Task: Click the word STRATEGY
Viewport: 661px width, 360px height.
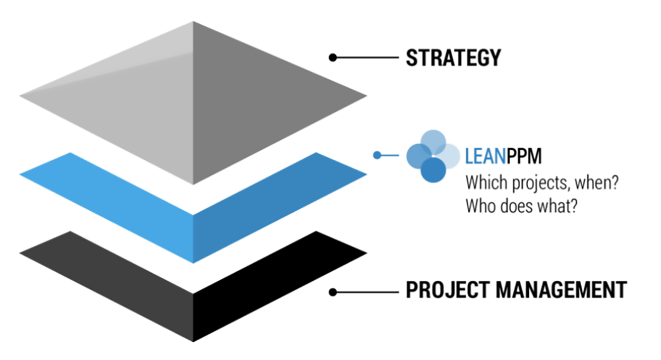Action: pos(453,58)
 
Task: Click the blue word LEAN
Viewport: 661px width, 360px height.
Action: pos(485,156)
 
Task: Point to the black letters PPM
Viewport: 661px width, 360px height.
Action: pos(524,156)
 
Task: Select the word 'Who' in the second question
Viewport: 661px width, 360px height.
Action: pos(479,206)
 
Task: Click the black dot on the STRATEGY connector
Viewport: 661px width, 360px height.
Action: pos(332,57)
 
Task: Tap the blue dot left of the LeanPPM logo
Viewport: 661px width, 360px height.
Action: pos(377,155)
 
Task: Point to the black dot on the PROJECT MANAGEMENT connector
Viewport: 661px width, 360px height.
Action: pos(332,292)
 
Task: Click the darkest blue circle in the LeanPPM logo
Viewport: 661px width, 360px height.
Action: pos(433,170)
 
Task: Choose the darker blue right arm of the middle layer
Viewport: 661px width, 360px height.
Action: pos(275,198)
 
